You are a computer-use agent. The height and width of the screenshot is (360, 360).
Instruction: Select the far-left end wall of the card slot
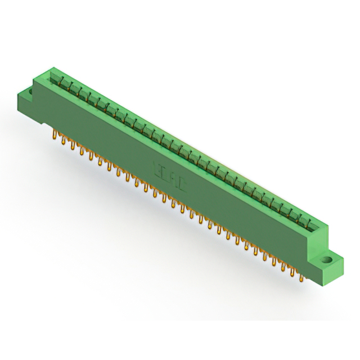click(51, 72)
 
